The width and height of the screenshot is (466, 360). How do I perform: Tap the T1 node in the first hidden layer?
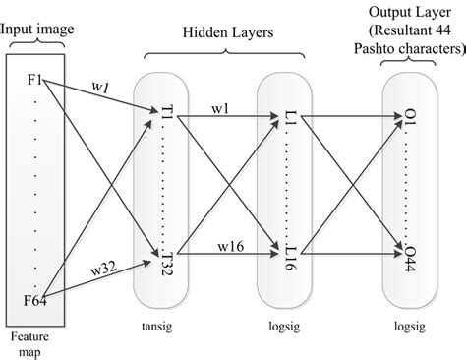tap(162, 119)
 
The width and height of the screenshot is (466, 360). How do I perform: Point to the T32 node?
tap(162, 255)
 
